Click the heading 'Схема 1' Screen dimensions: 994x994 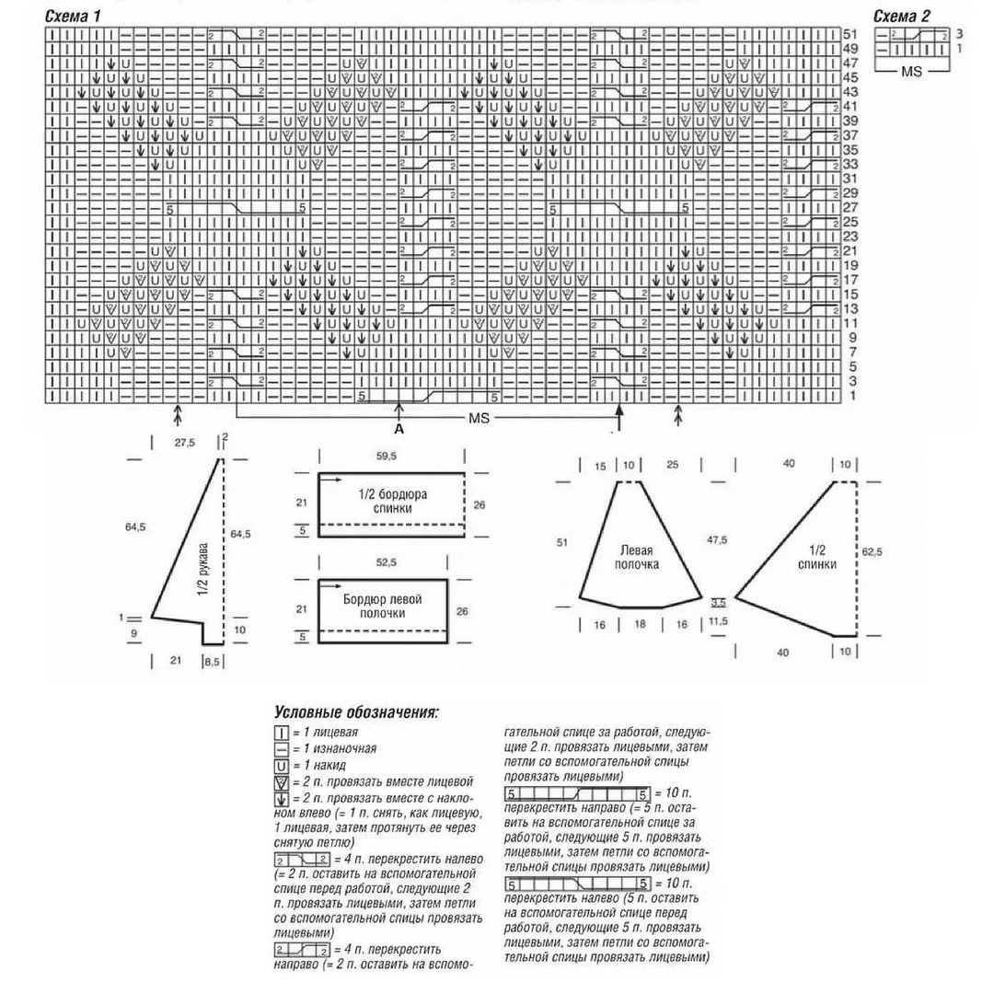(x=73, y=17)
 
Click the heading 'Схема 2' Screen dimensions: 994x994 (x=901, y=17)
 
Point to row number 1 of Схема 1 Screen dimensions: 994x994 (x=852, y=396)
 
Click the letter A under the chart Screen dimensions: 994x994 (x=399, y=429)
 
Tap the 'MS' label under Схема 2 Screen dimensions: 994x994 (x=911, y=71)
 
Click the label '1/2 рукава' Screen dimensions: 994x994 (x=204, y=571)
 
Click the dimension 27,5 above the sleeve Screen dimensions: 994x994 (x=185, y=442)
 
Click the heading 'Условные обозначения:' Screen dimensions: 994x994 (x=356, y=713)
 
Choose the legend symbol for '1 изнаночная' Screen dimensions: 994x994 (x=281, y=749)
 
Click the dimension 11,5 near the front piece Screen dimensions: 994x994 (x=719, y=623)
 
